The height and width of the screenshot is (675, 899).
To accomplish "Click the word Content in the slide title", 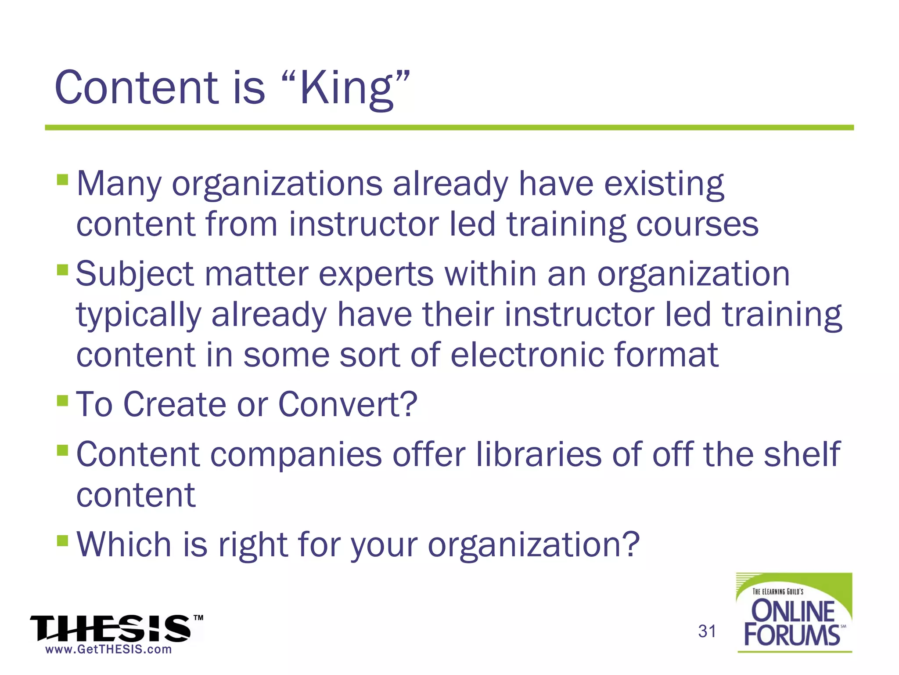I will click(136, 88).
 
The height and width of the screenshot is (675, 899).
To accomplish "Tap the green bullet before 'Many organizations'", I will click(62, 180).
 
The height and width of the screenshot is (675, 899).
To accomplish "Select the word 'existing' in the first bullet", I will click(664, 185).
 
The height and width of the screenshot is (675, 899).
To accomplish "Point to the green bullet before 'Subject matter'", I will click(62, 269).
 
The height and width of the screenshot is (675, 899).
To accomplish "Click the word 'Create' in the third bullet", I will click(175, 404).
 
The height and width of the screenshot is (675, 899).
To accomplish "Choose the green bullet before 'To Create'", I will click(62, 400).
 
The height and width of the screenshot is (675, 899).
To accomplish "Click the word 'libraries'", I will click(539, 454).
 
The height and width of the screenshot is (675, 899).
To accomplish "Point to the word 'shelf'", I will click(802, 454).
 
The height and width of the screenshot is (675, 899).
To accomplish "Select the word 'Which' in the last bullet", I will click(124, 545).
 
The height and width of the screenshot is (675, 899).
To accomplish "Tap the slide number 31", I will click(707, 631).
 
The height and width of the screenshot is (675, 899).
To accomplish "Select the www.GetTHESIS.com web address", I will click(108, 650).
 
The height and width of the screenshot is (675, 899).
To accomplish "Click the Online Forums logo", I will click(794, 613).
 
